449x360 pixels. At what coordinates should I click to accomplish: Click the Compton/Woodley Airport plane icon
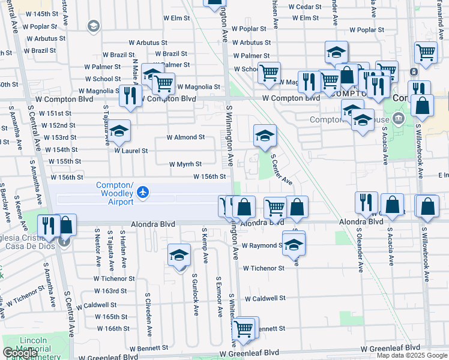(x=142, y=192)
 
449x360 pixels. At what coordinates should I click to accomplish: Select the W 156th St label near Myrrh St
(x=209, y=176)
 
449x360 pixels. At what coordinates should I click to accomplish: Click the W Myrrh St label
(x=184, y=164)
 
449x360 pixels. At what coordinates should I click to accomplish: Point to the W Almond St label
(x=185, y=137)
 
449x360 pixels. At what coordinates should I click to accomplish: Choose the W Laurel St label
(x=131, y=151)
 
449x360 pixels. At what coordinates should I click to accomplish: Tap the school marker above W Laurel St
(x=119, y=131)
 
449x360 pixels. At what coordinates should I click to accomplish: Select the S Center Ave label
(x=281, y=170)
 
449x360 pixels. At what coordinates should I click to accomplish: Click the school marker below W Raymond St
(x=294, y=245)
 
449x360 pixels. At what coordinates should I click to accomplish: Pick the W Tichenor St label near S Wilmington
(x=263, y=268)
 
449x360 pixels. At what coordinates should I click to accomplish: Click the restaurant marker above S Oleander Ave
(x=366, y=203)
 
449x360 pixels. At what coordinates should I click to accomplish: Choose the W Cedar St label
(x=306, y=7)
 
